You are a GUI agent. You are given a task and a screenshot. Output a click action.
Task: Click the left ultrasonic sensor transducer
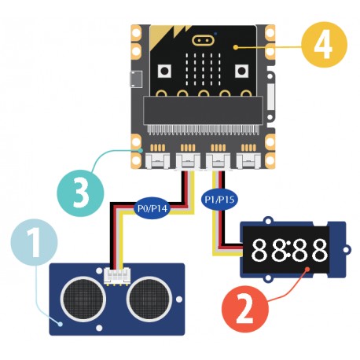pos(82,295)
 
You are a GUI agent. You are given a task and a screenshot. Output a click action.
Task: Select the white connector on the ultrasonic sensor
pos(116,274)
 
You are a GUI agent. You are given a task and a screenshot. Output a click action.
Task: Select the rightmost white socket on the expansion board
pos(250,161)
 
